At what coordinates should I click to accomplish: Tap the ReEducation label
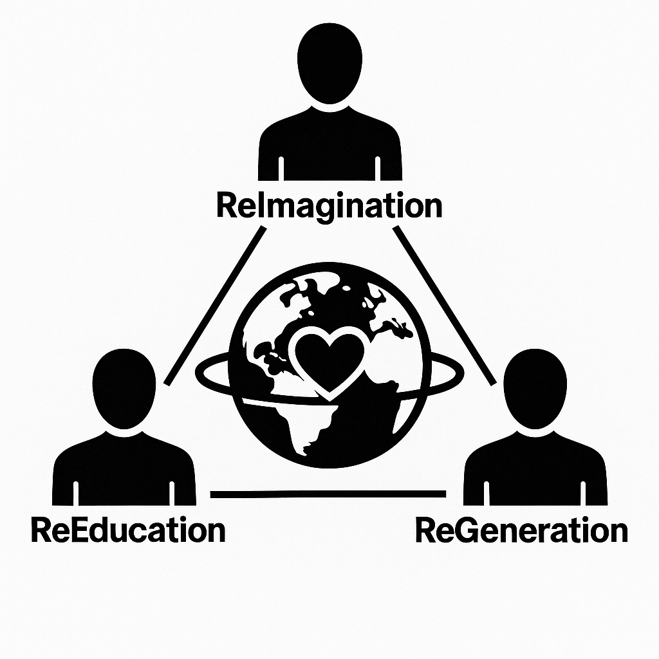coord(128,531)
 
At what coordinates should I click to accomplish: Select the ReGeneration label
coord(521,531)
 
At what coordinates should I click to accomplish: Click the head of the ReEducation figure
coord(125,389)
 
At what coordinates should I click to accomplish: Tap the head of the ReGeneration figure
coord(535,389)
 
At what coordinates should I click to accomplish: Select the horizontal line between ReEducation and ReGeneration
coord(328,494)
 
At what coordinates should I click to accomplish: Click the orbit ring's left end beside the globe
coord(200,372)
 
